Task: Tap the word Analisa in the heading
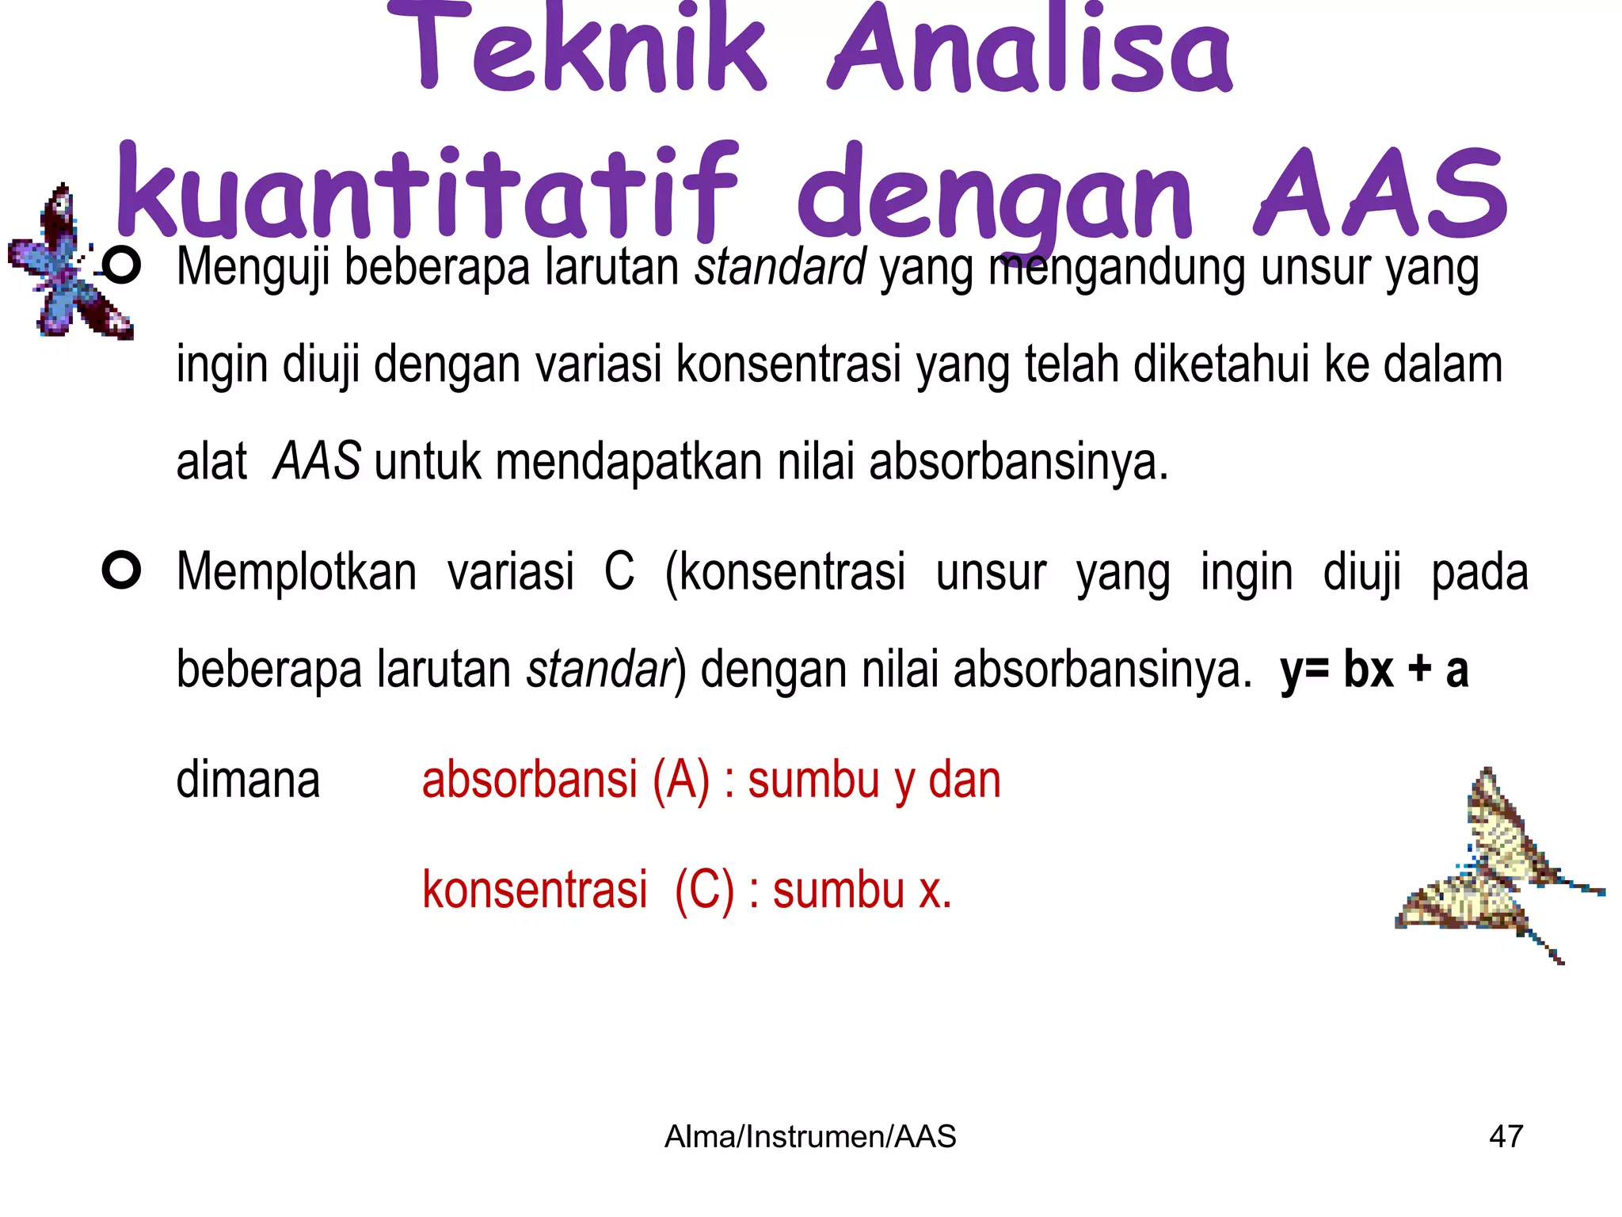[x=1030, y=49]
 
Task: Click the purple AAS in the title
[x=1381, y=194]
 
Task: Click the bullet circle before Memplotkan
[x=121, y=570]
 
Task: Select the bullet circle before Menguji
[x=121, y=266]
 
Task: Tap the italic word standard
[x=780, y=268]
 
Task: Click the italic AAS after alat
[x=317, y=462]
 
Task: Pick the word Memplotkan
[x=296, y=572]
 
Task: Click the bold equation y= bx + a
[x=1374, y=670]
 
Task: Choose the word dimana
[x=248, y=780]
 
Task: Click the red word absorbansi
[x=529, y=780]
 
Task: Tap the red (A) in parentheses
[x=680, y=781]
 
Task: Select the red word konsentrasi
[x=535, y=890]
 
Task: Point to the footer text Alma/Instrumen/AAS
[x=810, y=1136]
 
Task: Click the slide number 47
[x=1506, y=1136]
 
